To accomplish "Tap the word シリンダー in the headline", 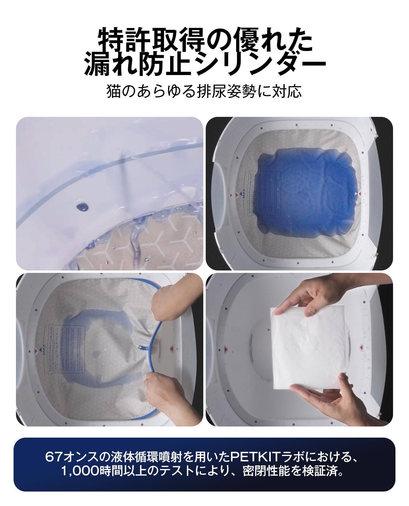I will coord(262,64).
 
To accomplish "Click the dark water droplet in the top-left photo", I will coord(82,206).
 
